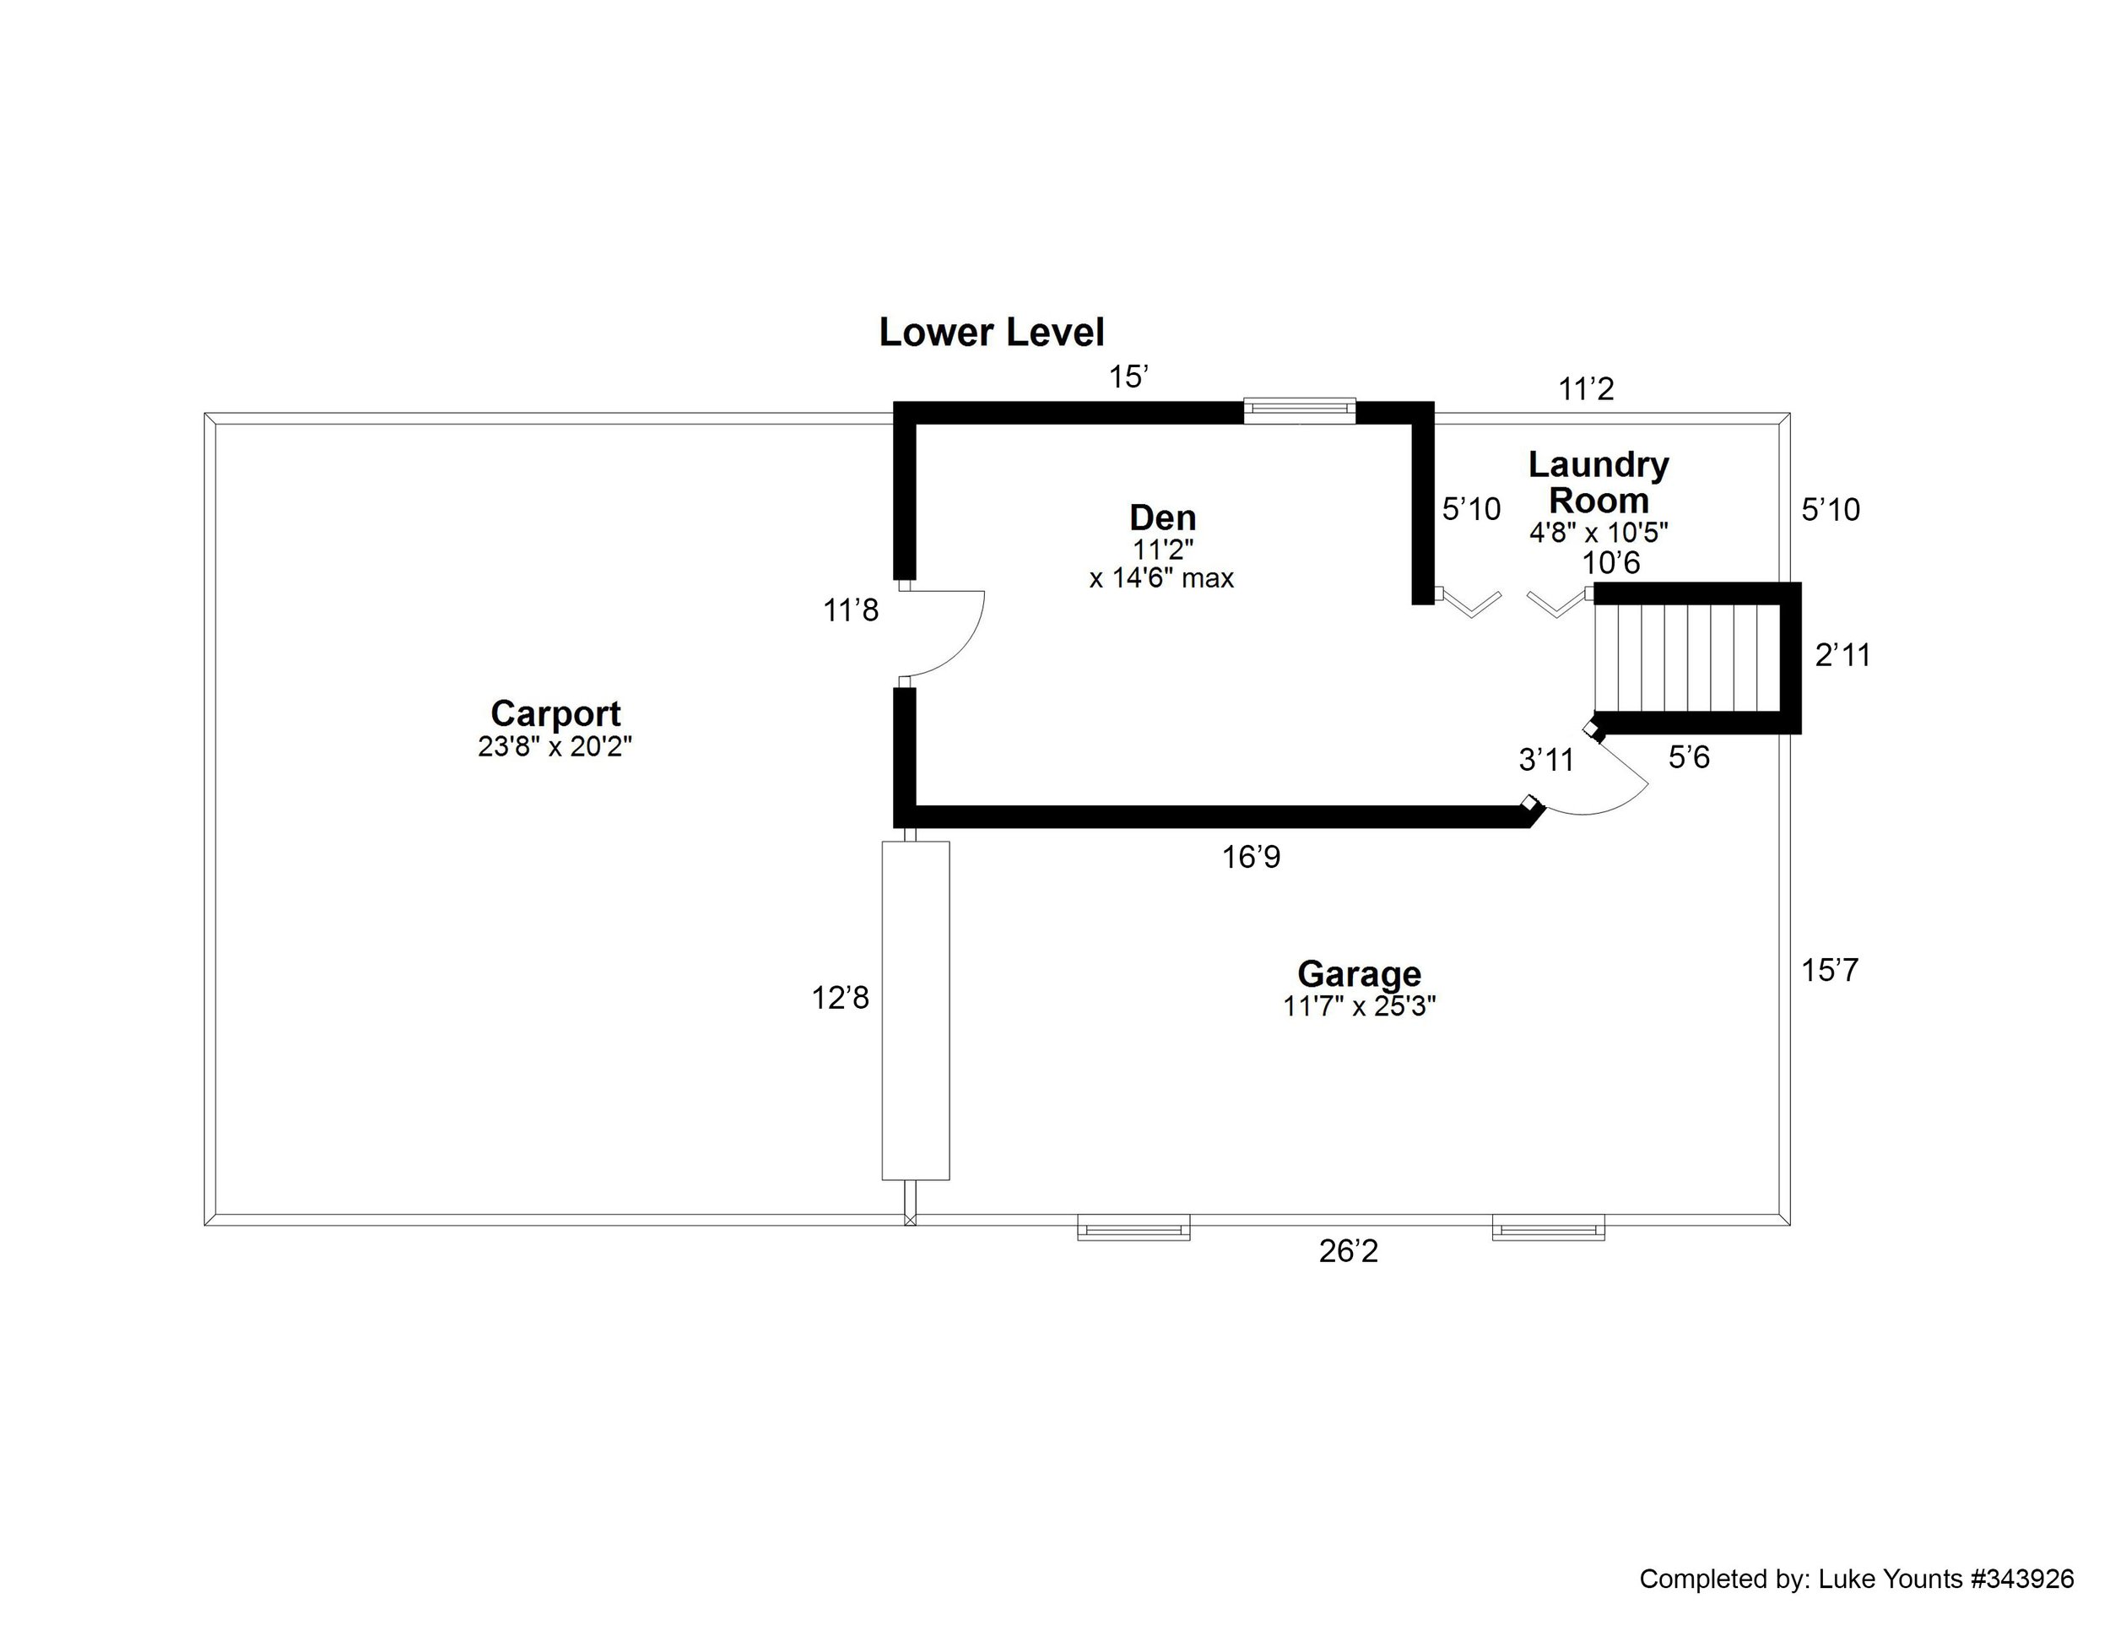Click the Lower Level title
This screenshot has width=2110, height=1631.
point(990,333)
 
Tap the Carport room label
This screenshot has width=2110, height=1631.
point(555,713)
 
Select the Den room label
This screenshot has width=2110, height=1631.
point(1162,517)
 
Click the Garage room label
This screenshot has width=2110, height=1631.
point(1358,973)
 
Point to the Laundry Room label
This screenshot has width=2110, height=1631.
point(1598,482)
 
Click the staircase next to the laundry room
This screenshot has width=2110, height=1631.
point(1687,657)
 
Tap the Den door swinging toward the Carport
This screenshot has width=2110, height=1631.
point(942,633)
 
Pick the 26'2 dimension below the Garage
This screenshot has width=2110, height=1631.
point(1348,1251)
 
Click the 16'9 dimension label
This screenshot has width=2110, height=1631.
point(1251,857)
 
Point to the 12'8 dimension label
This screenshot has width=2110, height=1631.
point(840,998)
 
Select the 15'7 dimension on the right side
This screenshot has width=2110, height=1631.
point(1829,970)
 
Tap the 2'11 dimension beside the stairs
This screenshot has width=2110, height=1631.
point(1842,656)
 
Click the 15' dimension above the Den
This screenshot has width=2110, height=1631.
point(1128,377)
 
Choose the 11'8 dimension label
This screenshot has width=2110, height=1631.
point(850,610)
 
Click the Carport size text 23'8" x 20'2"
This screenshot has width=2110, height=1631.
point(555,747)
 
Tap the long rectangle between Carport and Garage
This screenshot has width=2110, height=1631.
point(915,1010)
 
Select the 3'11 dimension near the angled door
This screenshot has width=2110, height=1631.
point(1546,761)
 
